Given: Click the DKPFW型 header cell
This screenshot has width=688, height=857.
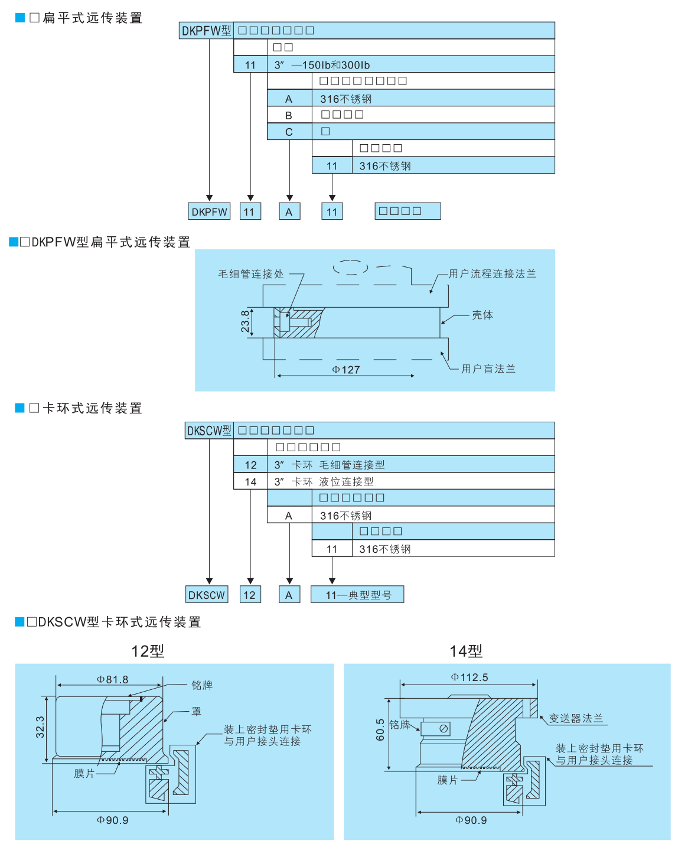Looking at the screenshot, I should (206, 31).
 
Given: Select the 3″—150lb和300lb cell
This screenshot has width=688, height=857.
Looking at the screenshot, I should (322, 65).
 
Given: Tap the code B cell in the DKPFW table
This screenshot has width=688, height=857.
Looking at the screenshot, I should (289, 115).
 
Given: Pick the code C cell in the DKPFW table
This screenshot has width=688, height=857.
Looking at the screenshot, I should (289, 132).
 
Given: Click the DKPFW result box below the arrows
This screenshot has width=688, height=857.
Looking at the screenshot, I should (209, 211).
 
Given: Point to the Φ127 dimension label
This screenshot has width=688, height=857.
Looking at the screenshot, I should (346, 370).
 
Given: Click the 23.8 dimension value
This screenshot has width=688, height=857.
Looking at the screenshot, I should (245, 322).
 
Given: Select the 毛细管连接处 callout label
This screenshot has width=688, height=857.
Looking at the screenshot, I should (251, 274).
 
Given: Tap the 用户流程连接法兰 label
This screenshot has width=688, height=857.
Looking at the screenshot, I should (492, 273).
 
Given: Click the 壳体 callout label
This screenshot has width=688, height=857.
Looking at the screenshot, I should (482, 315).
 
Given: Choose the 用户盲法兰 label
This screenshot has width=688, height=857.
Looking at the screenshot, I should (488, 369).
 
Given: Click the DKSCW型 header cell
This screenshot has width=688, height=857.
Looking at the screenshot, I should (209, 431).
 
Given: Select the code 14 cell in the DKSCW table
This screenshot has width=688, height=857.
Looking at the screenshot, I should (250, 482).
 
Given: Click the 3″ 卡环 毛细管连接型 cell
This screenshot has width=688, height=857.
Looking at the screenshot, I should (330, 465).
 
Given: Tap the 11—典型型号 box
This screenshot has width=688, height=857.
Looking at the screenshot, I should (357, 595).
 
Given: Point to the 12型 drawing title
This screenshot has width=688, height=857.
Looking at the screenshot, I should (148, 651).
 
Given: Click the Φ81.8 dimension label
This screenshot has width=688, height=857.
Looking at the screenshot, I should (113, 680).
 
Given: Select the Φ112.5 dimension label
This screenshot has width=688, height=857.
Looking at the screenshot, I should (469, 677).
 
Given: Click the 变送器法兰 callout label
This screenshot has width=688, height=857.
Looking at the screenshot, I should (576, 718).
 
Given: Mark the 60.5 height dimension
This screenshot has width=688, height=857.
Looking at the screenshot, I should (380, 729).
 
